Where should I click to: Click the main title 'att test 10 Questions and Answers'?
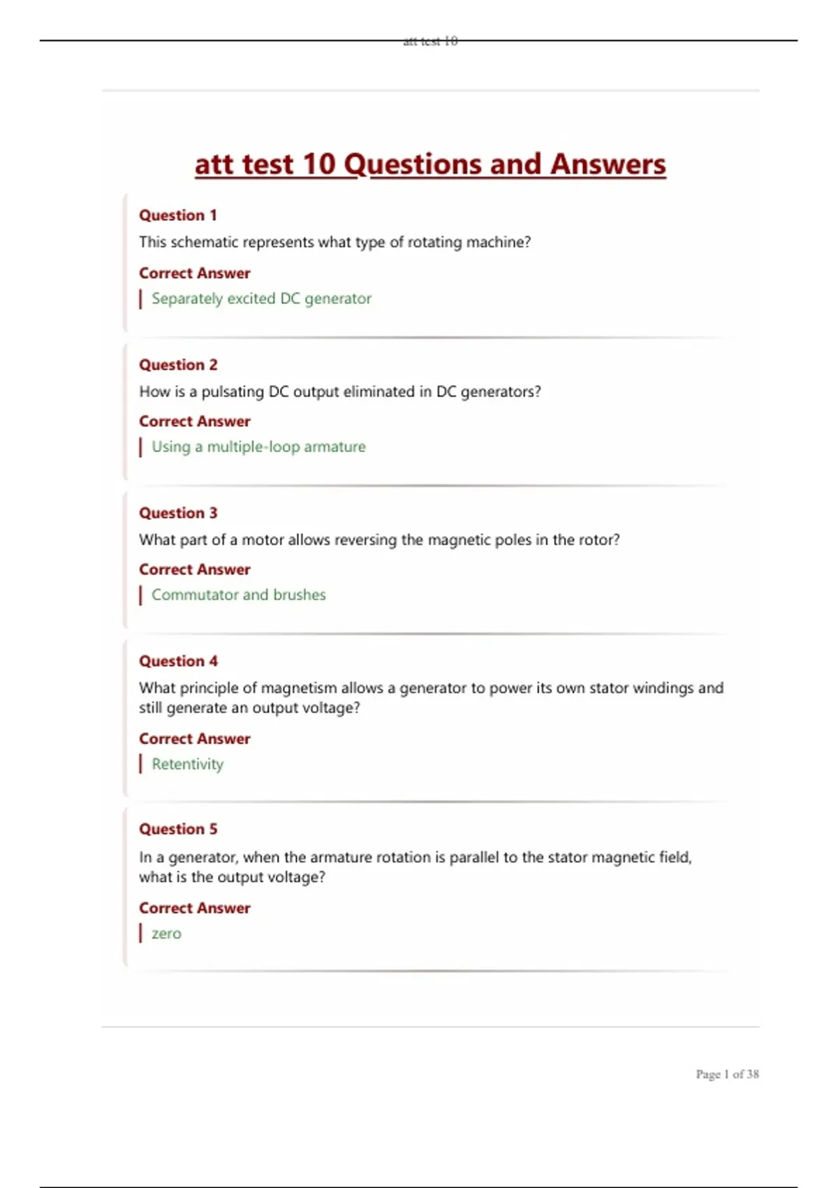point(430,165)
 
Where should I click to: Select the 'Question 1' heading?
point(178,215)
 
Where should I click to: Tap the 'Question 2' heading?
point(178,365)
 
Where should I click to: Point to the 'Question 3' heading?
point(178,513)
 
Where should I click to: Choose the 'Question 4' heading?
point(178,661)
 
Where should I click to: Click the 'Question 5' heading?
point(178,829)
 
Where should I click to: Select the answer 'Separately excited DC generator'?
point(261,298)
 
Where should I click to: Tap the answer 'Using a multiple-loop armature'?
point(258,447)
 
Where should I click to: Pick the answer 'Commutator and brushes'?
point(238,595)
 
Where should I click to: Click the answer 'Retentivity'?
point(187,764)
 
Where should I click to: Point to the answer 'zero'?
point(166,934)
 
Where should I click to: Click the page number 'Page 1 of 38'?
point(727,1074)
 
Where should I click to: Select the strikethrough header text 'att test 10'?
point(430,41)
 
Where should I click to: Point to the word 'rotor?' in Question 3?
point(599,540)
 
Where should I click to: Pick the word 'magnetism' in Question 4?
point(299,688)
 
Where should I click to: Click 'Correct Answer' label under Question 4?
point(194,739)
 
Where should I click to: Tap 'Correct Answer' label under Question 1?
point(194,273)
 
